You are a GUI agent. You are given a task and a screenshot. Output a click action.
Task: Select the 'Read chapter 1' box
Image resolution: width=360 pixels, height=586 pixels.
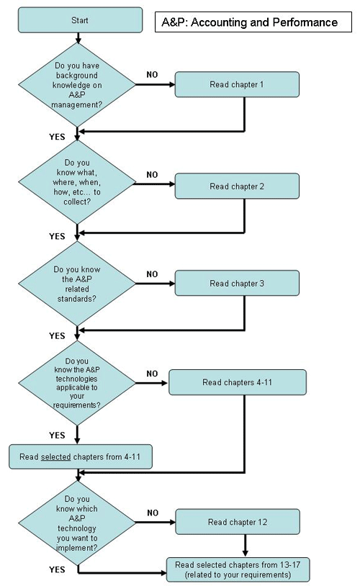point(237,85)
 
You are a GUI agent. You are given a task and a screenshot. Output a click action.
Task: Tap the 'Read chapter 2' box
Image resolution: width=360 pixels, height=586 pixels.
point(237,186)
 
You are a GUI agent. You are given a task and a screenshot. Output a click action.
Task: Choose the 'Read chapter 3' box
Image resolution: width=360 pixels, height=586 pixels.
point(237,283)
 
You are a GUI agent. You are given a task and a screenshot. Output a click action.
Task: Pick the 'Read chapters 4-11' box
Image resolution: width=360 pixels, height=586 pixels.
point(237,382)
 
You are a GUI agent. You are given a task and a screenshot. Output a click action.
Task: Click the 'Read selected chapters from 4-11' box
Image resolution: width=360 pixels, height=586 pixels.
point(81,457)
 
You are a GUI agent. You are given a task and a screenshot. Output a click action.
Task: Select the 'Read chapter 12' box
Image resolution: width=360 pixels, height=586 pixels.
point(237,521)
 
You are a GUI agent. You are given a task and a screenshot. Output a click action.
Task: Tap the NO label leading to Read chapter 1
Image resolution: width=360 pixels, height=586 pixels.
point(152,75)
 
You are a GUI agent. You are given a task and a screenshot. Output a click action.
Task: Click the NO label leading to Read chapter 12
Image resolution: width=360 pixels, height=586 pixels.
point(152,513)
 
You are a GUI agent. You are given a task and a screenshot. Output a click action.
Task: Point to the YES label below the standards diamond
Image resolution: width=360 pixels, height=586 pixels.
point(57,335)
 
